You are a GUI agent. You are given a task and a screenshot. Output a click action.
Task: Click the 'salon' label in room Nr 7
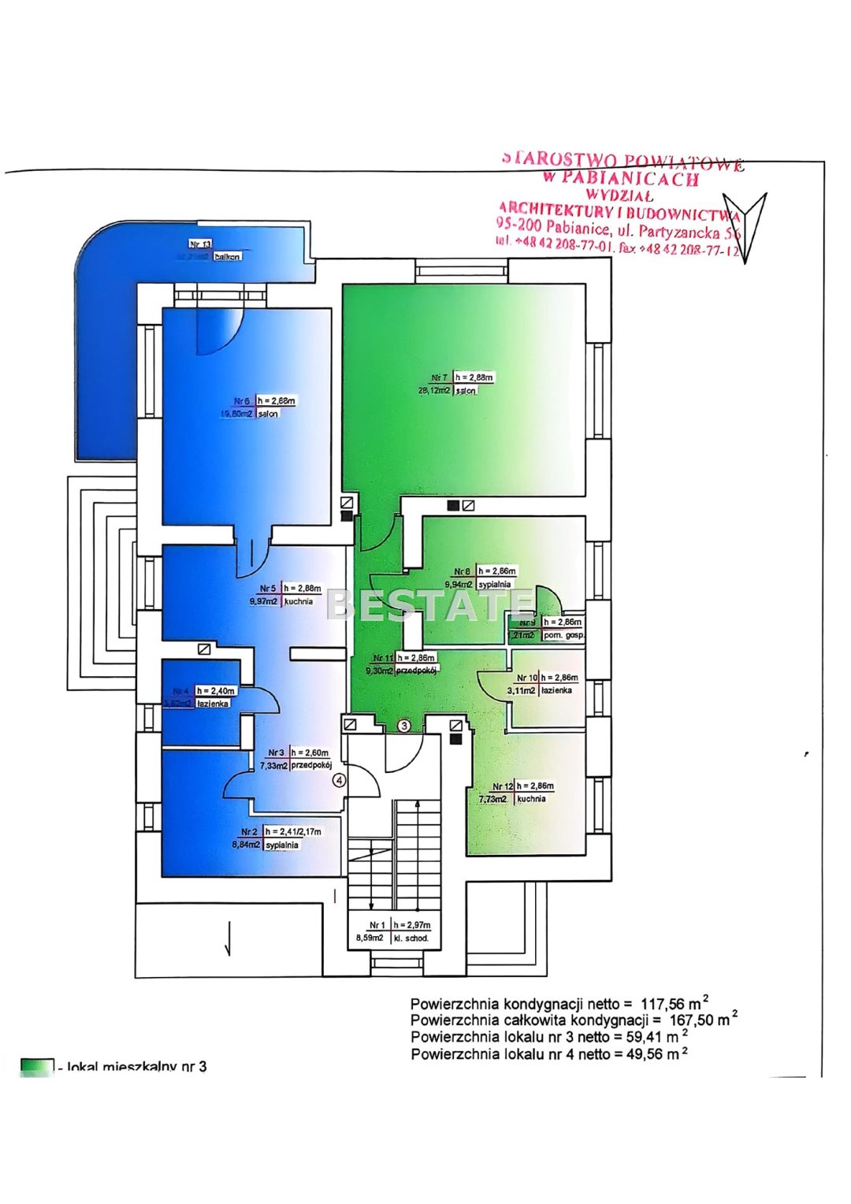[x=465, y=391]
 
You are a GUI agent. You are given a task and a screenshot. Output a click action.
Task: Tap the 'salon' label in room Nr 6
[x=268, y=414]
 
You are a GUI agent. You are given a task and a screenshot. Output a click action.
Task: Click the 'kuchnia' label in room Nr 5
[x=298, y=601]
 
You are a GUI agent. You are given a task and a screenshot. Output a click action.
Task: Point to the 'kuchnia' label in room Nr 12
[x=531, y=799]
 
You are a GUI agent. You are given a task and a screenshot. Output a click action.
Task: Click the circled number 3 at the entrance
[x=404, y=726]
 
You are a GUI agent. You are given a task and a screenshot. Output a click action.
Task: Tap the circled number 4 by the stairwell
[x=339, y=781]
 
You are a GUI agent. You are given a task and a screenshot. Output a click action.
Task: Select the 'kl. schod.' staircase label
[x=411, y=938]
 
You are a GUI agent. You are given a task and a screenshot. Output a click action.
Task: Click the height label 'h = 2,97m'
[x=412, y=925]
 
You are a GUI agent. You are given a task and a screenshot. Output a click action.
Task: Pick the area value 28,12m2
[x=434, y=390]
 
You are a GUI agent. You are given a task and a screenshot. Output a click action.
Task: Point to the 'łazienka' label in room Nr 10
[x=557, y=690]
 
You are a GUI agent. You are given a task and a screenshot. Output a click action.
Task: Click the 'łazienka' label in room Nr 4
[x=214, y=704]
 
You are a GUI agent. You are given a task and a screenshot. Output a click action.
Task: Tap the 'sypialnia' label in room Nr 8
[x=495, y=585]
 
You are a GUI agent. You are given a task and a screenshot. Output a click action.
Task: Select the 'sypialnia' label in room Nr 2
[x=281, y=845]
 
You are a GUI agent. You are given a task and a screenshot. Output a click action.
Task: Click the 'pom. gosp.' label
[x=563, y=635]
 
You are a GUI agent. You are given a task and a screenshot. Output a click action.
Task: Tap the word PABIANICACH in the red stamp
[x=630, y=179]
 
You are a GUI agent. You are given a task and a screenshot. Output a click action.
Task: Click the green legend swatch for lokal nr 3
[x=37, y=1067]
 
